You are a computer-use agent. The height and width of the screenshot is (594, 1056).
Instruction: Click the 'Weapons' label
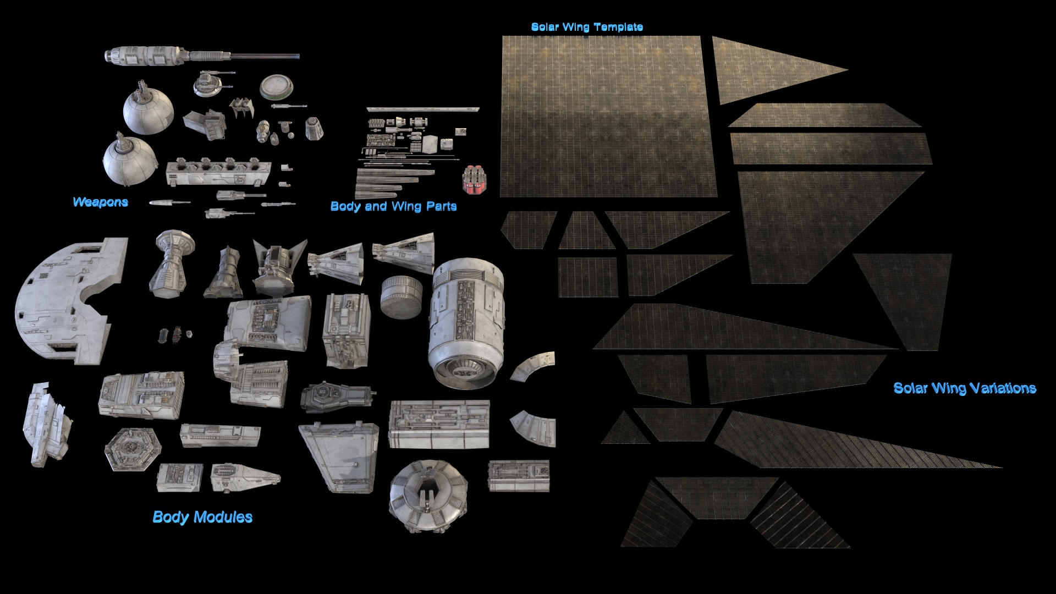(100, 202)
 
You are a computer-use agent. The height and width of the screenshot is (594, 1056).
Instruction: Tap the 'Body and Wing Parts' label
(393, 206)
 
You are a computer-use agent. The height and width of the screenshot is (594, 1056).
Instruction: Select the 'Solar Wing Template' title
(587, 27)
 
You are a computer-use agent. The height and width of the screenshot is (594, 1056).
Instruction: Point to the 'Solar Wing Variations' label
(965, 388)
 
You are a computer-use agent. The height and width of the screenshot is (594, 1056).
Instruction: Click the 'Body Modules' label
(202, 517)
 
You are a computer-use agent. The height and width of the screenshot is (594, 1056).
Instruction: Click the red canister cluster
(475, 179)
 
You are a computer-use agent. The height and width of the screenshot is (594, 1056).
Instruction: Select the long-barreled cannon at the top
(202, 56)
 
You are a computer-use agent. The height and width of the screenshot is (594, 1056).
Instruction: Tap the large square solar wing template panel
(608, 116)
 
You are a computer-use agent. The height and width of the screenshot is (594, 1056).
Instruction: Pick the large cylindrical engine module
(466, 323)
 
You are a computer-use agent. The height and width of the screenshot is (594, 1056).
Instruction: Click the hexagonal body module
(133, 449)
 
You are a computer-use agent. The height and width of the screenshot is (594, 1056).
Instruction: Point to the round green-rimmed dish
(277, 86)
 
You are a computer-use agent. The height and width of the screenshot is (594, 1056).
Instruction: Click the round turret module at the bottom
(428, 496)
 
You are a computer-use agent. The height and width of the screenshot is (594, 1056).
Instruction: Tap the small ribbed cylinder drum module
(402, 297)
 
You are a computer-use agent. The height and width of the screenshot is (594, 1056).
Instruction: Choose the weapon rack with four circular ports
(218, 172)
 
